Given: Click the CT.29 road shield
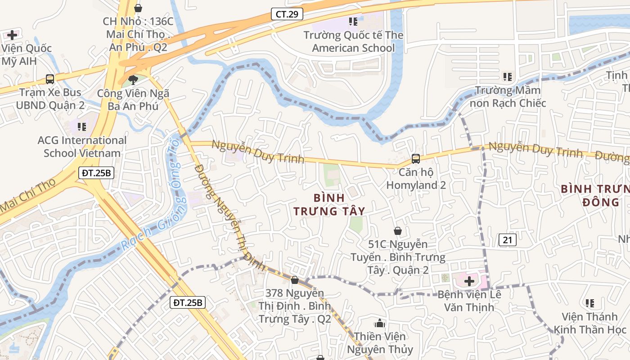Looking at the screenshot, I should (x=287, y=14).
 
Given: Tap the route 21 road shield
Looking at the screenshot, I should (x=507, y=240).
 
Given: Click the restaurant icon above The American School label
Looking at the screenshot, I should (x=353, y=21).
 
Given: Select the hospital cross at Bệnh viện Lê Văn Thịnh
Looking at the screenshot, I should (x=469, y=282).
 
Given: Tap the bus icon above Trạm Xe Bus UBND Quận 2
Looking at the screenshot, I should (x=50, y=79).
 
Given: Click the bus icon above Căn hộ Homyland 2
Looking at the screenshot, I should (x=416, y=159).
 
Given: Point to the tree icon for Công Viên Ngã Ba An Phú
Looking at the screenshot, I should (x=133, y=80).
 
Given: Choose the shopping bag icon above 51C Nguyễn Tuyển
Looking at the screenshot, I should (x=398, y=231).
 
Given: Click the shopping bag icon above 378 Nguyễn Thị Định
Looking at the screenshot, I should (x=295, y=280).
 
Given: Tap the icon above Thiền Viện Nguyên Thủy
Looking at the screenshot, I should (x=380, y=323).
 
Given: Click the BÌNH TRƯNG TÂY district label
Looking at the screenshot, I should (x=329, y=204).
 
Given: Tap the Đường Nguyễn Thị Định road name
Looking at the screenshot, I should (x=230, y=216).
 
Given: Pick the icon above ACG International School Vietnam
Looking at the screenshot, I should (x=81, y=127).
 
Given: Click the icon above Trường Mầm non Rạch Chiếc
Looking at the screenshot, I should (x=508, y=77).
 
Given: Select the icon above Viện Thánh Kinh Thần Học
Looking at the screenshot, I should (x=590, y=303).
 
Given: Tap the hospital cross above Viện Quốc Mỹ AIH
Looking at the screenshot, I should (x=12, y=35).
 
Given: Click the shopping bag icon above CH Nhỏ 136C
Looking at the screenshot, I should (x=138, y=8).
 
